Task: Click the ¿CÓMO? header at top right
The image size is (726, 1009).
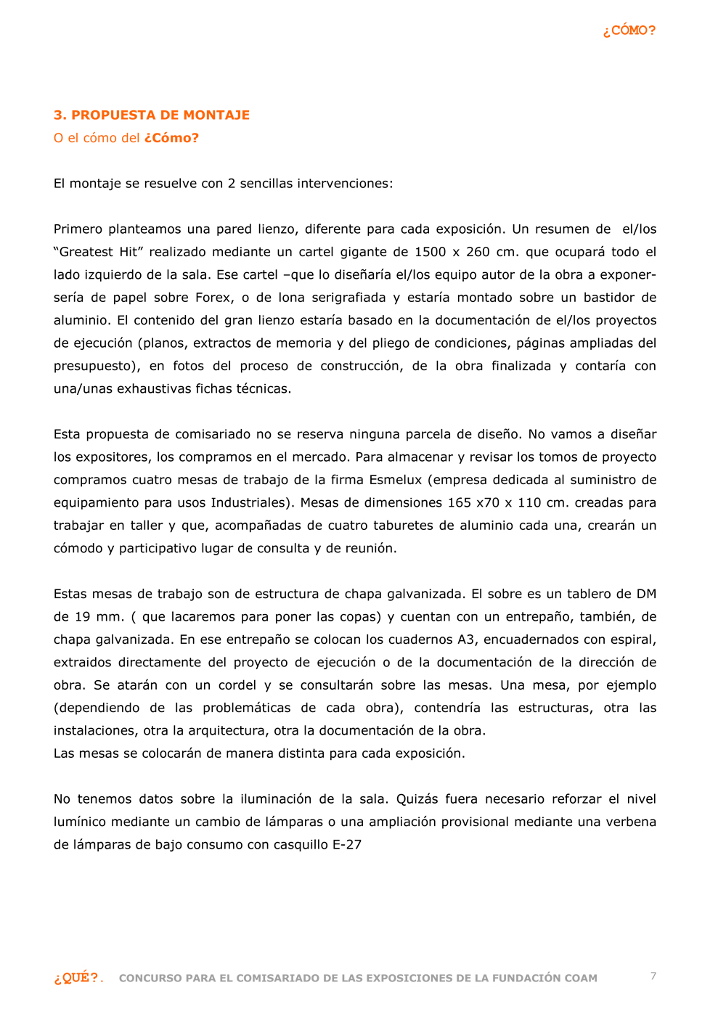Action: (x=629, y=30)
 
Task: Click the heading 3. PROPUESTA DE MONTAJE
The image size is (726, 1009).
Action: (x=152, y=115)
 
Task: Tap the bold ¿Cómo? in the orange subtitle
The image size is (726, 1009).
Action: (x=171, y=138)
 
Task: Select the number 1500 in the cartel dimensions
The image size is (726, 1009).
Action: (x=430, y=252)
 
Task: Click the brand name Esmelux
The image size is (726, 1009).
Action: (x=396, y=480)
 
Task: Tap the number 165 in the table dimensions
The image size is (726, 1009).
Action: (x=459, y=502)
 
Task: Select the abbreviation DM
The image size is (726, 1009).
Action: (x=646, y=594)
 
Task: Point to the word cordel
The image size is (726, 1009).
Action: (x=237, y=685)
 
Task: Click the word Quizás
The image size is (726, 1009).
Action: (x=417, y=799)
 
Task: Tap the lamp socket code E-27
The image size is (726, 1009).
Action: (x=347, y=845)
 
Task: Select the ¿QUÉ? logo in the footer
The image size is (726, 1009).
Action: (x=76, y=978)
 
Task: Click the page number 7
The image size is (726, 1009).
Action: (x=653, y=976)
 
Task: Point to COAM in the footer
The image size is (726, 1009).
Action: (x=581, y=979)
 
